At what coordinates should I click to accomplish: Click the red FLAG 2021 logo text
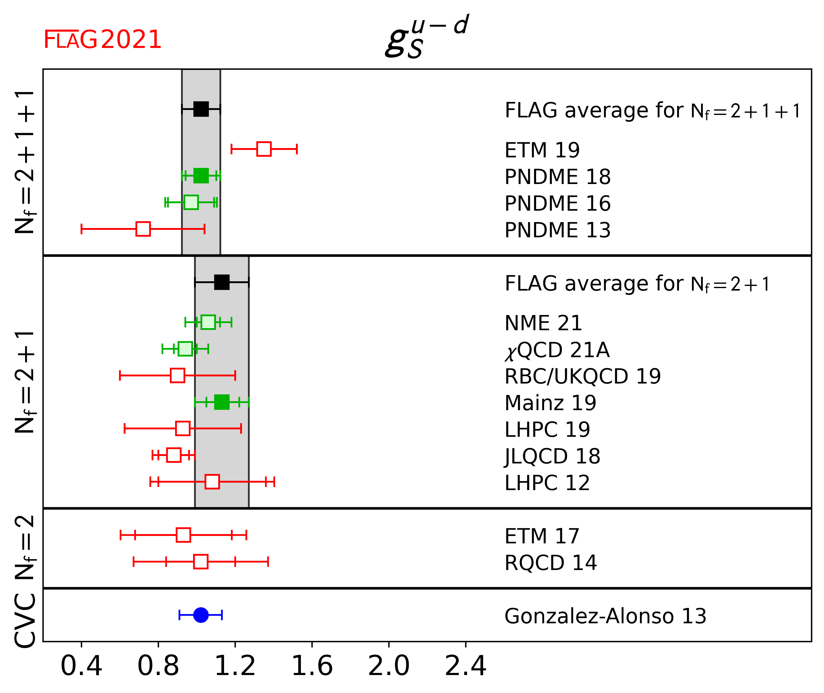102,40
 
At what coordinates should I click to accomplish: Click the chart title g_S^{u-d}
427,36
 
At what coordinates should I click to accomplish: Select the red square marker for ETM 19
264,149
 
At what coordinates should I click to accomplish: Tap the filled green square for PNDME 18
201,176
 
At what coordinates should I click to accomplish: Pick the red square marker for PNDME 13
143,229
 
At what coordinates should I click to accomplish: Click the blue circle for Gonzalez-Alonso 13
201,615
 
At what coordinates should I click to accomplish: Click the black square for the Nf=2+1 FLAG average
222,282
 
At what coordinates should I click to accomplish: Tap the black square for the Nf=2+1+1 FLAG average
201,109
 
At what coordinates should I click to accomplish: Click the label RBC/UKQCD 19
582,376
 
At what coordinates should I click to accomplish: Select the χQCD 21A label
557,350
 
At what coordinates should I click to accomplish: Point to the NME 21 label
543,323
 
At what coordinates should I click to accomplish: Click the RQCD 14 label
550,563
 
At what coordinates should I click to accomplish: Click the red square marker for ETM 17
183,535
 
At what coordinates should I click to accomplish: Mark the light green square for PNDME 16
191,202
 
